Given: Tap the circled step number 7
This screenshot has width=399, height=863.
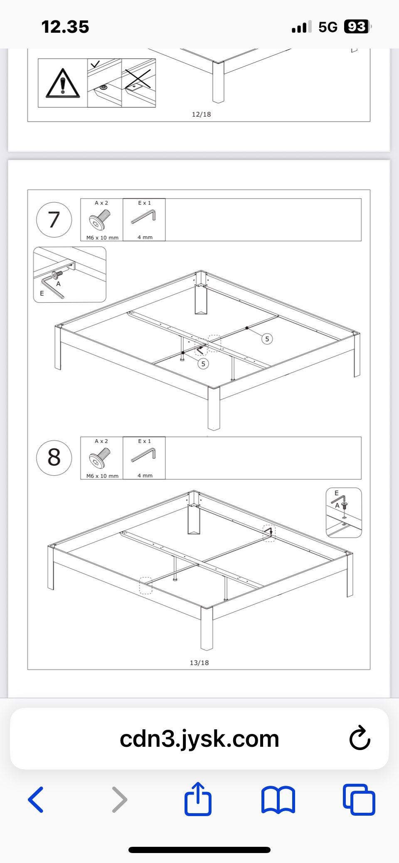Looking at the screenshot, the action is [x=54, y=220].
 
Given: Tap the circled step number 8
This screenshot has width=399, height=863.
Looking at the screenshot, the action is [x=54, y=457].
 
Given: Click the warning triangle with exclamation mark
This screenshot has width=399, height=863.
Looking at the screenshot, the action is [x=63, y=83].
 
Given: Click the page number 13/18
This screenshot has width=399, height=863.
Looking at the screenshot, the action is [x=199, y=663].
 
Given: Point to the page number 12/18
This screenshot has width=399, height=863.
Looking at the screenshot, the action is [x=201, y=114].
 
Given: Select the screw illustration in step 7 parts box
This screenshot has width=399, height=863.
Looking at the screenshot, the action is [x=100, y=220].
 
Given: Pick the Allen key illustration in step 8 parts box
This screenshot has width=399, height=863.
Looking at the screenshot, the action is [x=144, y=455].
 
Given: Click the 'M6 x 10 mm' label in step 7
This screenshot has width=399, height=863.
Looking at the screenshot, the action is [x=102, y=238].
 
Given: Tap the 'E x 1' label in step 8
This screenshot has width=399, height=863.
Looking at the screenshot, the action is [x=145, y=441].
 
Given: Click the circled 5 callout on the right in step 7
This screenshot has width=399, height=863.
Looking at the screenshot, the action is [x=267, y=339].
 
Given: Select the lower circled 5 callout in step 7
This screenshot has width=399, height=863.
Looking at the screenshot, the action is [x=203, y=364].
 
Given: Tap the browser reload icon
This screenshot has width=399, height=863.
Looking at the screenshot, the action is [x=360, y=738].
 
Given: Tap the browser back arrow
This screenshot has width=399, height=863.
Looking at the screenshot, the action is [x=36, y=799].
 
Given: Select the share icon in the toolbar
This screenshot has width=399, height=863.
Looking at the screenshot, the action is [x=198, y=798].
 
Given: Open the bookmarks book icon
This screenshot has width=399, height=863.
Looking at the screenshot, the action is [x=278, y=799].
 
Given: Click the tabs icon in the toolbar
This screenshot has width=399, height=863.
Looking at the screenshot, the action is [x=359, y=799].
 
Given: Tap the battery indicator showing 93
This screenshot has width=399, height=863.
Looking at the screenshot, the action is [x=357, y=27].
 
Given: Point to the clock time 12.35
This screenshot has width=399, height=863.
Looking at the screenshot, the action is [x=65, y=27].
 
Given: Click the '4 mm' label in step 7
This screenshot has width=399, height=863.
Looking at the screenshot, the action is [x=145, y=237].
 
